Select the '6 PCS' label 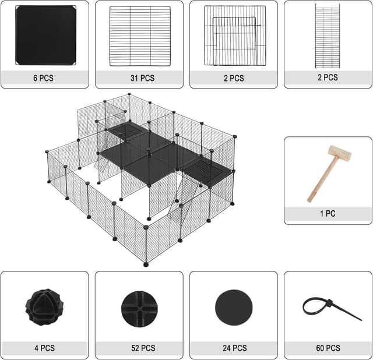pos(44,78)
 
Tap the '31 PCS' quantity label pos(139,78)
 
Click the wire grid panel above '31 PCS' pos(139,36)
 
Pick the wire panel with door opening pos(234,36)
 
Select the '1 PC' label pos(328,214)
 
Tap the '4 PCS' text pos(44,348)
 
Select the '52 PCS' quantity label pos(139,348)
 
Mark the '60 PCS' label pos(328,348)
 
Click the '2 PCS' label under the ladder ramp pos(328,77)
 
